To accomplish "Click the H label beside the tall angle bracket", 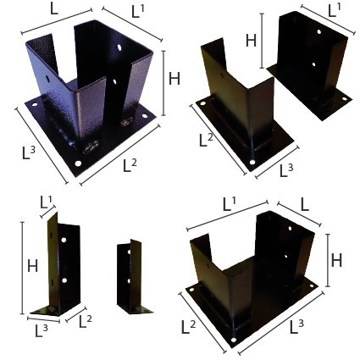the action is tap(33, 266).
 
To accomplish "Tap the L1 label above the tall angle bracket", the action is tap(47, 202).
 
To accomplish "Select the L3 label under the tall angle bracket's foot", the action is tap(42, 330).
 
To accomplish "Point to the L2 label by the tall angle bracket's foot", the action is tap(86, 321).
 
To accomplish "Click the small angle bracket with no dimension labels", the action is tap(133, 277).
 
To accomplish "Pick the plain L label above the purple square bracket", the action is tap(54, 9).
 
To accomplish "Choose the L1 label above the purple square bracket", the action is tap(138, 12).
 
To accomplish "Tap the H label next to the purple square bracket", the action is tap(174, 79).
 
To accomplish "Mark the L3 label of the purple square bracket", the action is tap(29, 153).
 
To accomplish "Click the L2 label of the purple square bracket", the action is tap(130, 165).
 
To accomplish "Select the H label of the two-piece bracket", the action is tap(251, 41).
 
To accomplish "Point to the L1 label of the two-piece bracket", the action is tap(335, 11).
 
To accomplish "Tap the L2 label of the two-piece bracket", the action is tap(206, 140).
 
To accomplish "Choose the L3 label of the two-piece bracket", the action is tap(286, 170).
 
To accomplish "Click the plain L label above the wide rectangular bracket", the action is tap(304, 206).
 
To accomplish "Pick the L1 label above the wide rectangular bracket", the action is tap(230, 204).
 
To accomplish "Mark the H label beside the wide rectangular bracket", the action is tap(336, 260).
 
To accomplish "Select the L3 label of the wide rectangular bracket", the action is tap(296, 327).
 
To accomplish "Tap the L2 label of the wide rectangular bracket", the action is tap(188, 327).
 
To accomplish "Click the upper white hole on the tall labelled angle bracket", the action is tap(64, 240).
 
